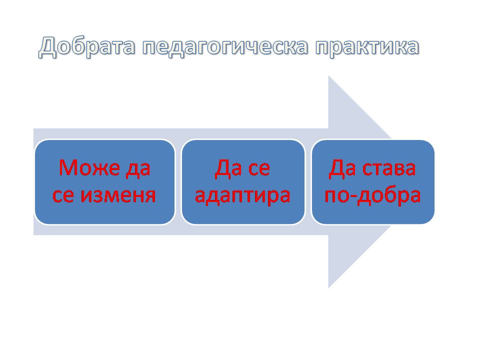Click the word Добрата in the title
coord(86,47)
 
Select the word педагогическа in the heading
coord(225,47)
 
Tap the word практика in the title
coord(367,47)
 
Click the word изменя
coord(118,195)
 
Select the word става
coord(389,168)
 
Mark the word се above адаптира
coord(259,168)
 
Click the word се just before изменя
coord(63,195)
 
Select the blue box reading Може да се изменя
coord(104,182)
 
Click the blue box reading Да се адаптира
coord(243,182)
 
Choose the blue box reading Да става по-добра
coord(373,182)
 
